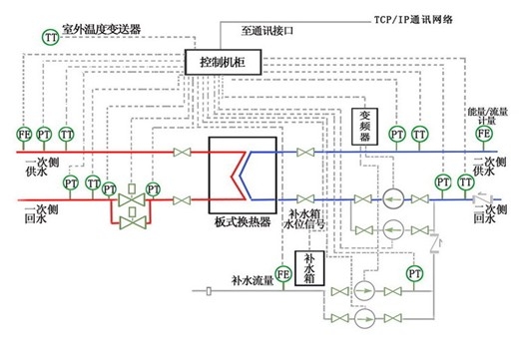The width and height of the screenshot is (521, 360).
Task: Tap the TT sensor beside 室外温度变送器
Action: (x=50, y=37)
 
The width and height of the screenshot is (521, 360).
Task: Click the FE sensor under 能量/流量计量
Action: (x=484, y=133)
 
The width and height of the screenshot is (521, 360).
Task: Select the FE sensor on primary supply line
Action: (x=23, y=134)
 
